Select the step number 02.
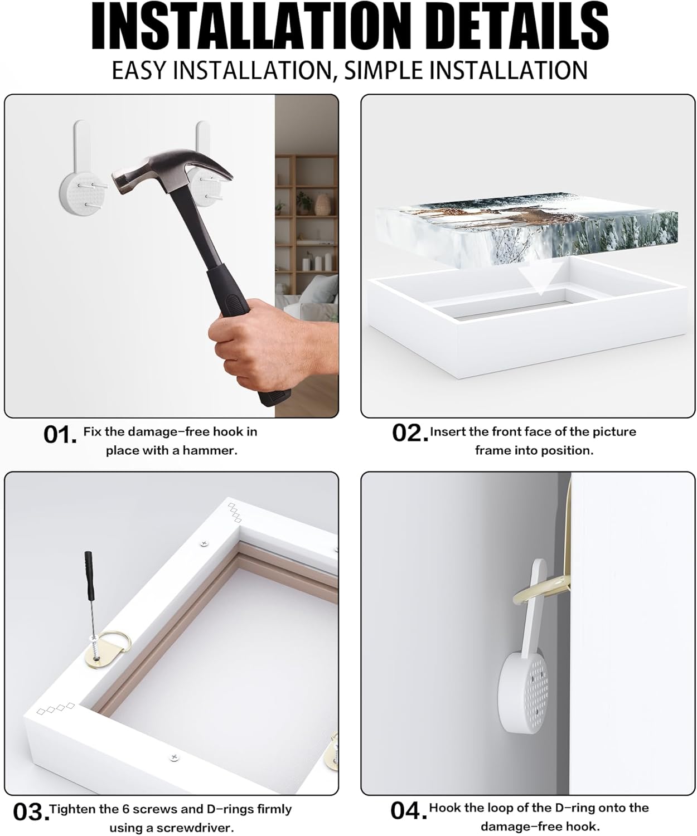coord(410,433)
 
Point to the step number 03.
coord(31,811)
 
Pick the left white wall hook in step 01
coord(83,168)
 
